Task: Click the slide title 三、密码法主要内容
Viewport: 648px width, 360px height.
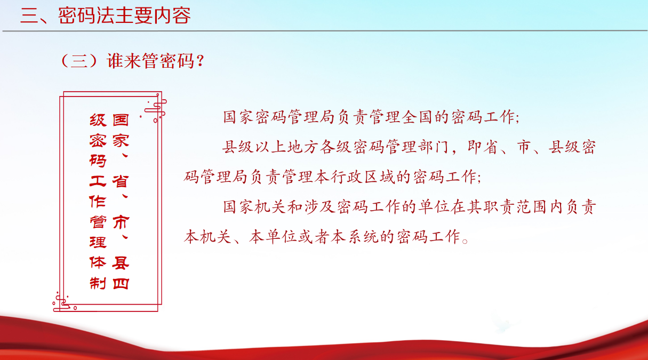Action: tap(106, 15)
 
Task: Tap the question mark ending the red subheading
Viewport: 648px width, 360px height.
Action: tap(199, 61)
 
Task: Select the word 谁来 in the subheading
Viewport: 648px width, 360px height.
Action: tap(124, 61)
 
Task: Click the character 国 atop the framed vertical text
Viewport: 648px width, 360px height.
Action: tap(121, 119)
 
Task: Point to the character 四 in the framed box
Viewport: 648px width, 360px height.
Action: tap(121, 284)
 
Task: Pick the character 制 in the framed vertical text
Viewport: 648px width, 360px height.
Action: tap(98, 283)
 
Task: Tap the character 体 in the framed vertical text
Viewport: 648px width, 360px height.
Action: tap(98, 262)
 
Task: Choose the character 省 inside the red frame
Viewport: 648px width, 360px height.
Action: tap(121, 181)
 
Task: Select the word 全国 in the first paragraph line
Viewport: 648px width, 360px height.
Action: tap(417, 117)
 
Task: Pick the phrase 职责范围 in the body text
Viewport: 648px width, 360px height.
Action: tap(515, 207)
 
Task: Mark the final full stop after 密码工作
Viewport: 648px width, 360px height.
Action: tap(465, 241)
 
